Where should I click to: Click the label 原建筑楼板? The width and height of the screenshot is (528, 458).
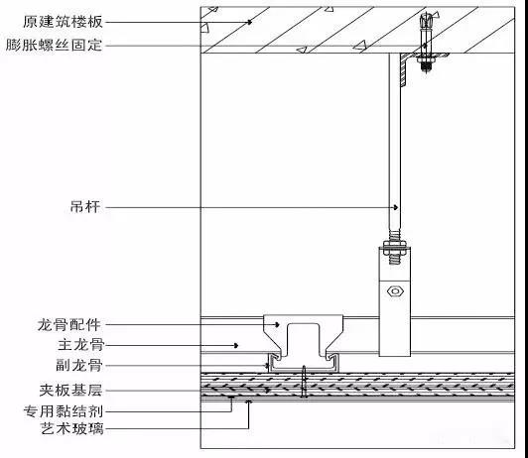point(63,22)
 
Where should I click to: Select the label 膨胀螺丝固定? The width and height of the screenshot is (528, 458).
point(55,45)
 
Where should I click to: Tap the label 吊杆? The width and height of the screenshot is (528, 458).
point(85,207)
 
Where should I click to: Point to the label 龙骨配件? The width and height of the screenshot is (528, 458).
point(69,325)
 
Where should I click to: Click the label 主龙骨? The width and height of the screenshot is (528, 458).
point(81,345)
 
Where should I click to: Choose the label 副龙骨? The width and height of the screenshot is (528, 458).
point(79,365)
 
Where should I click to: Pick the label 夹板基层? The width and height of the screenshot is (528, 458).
point(70,390)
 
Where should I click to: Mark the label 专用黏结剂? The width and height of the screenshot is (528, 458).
point(64,411)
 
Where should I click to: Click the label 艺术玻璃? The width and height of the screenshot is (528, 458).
point(72,428)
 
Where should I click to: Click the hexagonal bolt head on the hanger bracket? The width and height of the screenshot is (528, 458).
point(395,290)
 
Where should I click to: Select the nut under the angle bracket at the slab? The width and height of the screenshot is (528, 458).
point(426,60)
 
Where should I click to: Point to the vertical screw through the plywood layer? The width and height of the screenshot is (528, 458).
point(304,382)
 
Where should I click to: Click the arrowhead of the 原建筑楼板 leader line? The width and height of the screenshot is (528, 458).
point(250,22)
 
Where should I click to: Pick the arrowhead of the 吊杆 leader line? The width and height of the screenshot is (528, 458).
point(396,207)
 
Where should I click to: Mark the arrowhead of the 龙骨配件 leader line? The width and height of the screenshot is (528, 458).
point(277,325)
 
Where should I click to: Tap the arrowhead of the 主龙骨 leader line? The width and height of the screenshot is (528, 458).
point(236,345)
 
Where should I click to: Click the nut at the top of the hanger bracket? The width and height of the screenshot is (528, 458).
point(395,245)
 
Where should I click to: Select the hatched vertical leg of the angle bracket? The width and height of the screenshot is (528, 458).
point(403,70)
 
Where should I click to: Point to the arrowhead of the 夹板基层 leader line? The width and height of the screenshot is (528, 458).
point(268,391)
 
